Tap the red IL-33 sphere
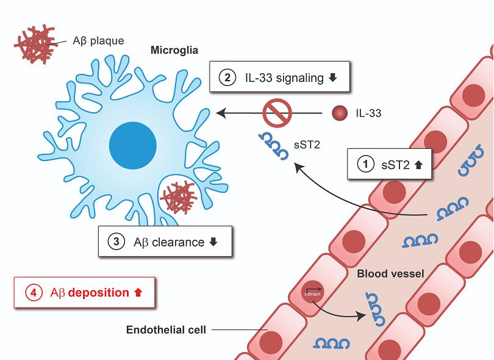(340, 113)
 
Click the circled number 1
(365, 164)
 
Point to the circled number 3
(116, 242)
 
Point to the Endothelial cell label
(166, 331)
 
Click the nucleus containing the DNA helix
(312, 293)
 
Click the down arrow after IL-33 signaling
(332, 78)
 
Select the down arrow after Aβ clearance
(213, 242)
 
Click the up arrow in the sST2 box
(418, 164)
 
